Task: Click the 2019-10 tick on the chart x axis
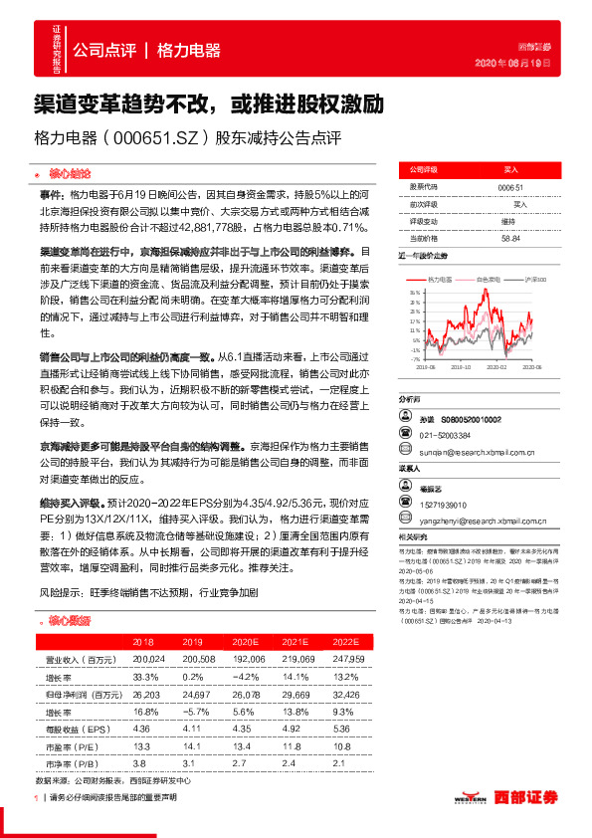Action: (x=464, y=366)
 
